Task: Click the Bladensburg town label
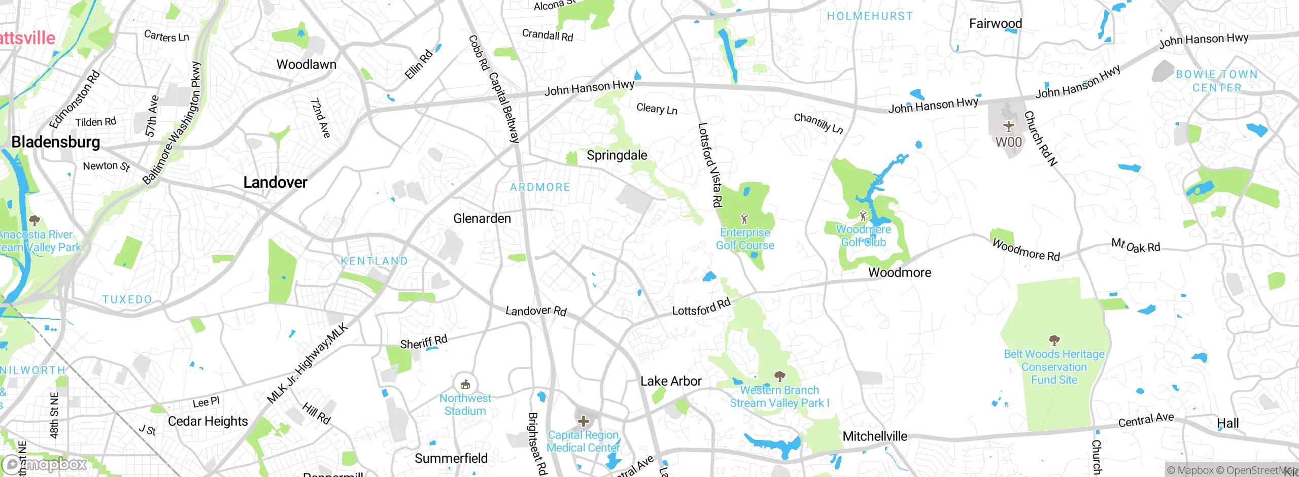click(x=56, y=142)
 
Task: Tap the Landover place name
click(x=275, y=182)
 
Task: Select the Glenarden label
click(x=482, y=219)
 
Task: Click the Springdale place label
click(x=617, y=155)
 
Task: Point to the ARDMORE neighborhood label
click(x=540, y=187)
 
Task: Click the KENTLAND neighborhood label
click(x=374, y=261)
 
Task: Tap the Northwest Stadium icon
click(x=465, y=384)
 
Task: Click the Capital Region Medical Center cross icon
click(x=584, y=421)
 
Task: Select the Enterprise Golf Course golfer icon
click(x=744, y=219)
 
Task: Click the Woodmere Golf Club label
click(x=863, y=236)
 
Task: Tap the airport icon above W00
click(x=1008, y=126)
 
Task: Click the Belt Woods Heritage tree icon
click(x=1054, y=339)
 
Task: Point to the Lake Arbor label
click(x=671, y=381)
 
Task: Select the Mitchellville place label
click(x=875, y=436)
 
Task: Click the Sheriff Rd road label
click(x=424, y=342)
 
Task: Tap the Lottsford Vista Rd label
click(x=710, y=165)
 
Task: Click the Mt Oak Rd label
click(x=1136, y=246)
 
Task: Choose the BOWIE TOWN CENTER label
click(x=1216, y=81)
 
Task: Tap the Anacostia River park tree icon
click(x=35, y=220)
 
